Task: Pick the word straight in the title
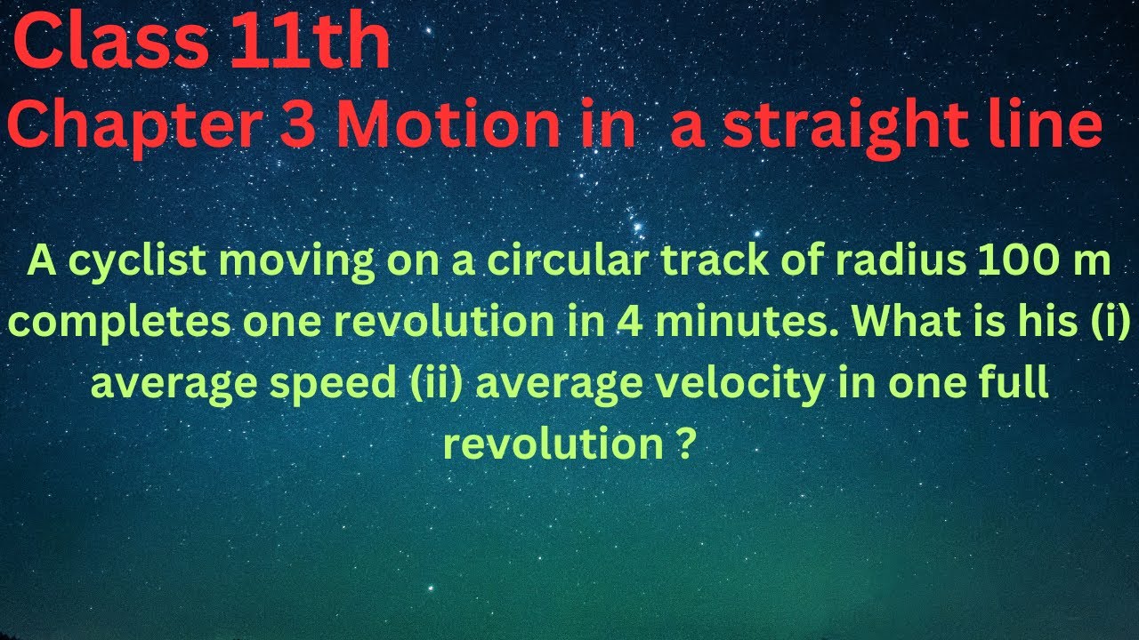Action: [x=845, y=127]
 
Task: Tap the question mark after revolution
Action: [x=681, y=444]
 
